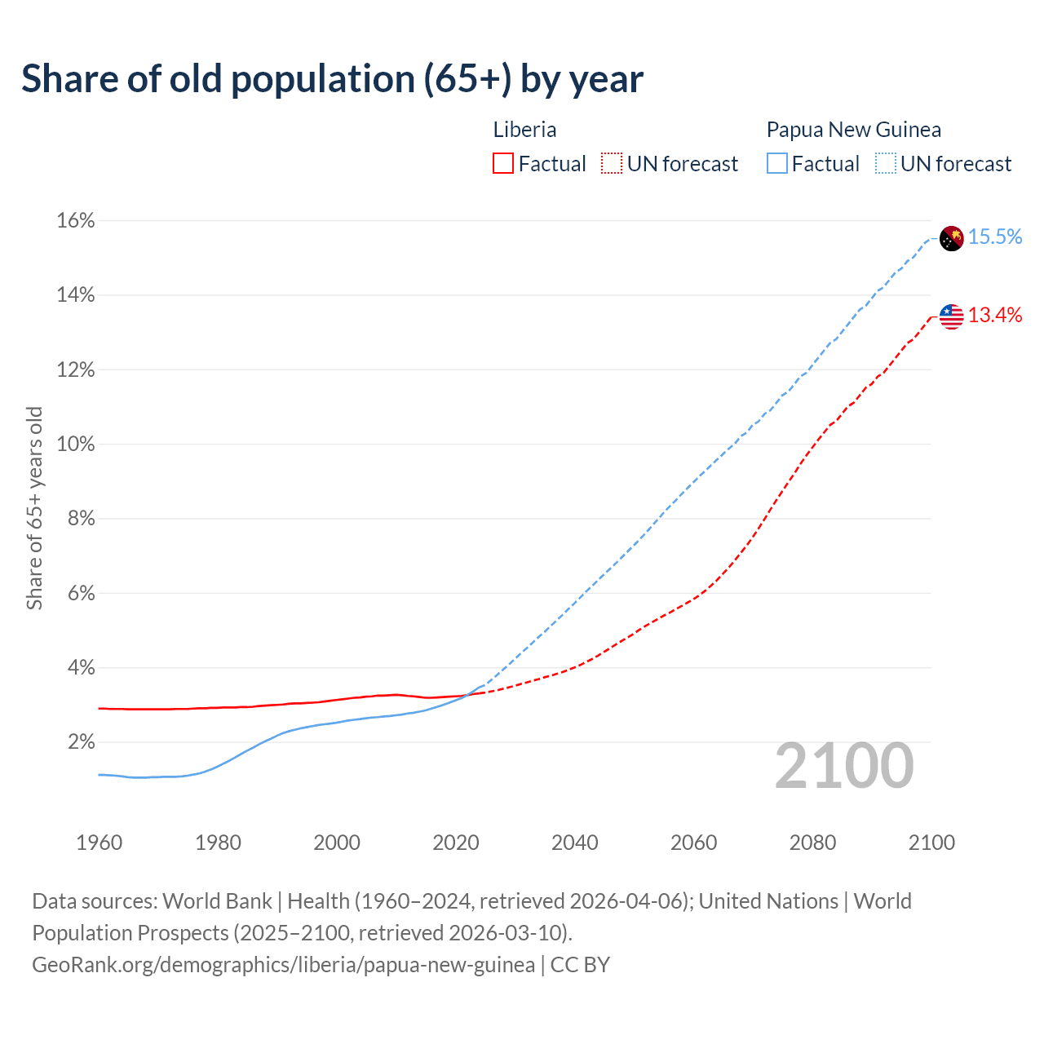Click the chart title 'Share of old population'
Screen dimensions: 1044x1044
point(332,79)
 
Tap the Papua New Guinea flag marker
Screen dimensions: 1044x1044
point(951,238)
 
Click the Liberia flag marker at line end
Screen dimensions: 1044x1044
point(951,316)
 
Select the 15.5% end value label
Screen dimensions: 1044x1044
point(995,237)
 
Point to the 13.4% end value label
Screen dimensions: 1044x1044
point(995,316)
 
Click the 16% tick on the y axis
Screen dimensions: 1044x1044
point(76,221)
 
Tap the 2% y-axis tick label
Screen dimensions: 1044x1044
point(81,742)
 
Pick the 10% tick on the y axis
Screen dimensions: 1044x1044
point(76,445)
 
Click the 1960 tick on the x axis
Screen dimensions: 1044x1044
point(99,843)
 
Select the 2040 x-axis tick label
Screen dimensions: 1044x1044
point(574,843)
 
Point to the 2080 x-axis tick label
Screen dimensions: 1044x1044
point(812,843)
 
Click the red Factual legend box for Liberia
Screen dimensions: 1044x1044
point(503,164)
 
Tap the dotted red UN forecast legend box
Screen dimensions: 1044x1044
point(612,164)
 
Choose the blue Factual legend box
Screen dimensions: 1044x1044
point(777,164)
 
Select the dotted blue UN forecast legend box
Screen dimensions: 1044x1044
point(886,164)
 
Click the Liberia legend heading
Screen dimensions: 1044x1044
point(524,130)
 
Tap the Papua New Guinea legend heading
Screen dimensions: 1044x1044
point(853,130)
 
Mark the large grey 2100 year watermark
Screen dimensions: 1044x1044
point(844,766)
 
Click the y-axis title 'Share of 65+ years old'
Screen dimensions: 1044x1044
point(34,508)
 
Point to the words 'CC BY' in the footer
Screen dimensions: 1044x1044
point(580,965)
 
